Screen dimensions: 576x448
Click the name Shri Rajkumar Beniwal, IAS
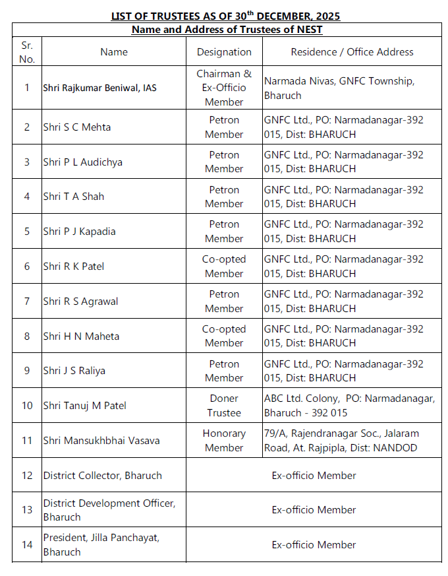coord(100,88)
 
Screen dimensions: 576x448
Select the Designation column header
coord(224,51)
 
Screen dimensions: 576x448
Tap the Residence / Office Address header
coord(352,51)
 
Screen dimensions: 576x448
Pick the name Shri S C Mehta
coord(77,127)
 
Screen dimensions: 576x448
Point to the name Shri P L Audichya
coord(83,162)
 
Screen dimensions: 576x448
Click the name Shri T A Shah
coord(74,196)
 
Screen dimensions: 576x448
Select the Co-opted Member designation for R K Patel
coord(224,266)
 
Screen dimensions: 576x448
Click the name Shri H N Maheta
coord(82,336)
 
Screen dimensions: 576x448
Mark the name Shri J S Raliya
coord(74,370)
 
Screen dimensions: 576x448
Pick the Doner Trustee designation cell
coord(224,405)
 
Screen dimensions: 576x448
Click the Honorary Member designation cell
coord(224,440)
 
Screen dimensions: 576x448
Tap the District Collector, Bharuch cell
coord(103,475)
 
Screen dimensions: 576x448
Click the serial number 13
coord(27,510)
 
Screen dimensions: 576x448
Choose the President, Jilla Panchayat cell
coord(101,544)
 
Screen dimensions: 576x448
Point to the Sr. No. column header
coord(27,51)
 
